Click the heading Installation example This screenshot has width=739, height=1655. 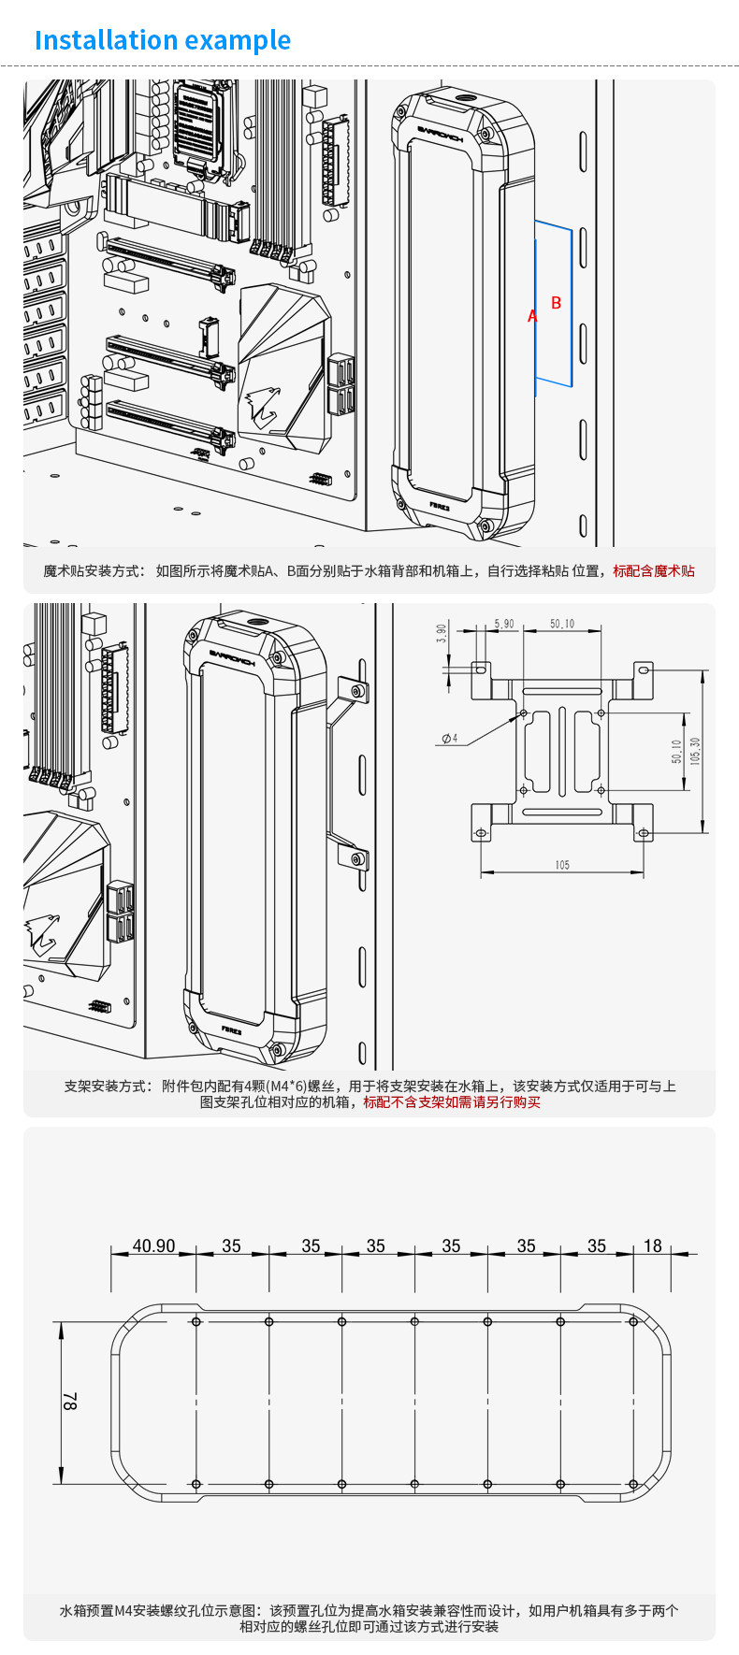(x=162, y=41)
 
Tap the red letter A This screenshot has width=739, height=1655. (x=532, y=316)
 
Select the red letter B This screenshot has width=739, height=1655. (x=557, y=303)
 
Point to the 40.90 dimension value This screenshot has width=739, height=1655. (x=153, y=1245)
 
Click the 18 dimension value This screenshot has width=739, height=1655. (x=652, y=1245)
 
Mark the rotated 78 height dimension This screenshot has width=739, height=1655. (x=70, y=1402)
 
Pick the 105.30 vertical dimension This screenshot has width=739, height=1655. (x=695, y=751)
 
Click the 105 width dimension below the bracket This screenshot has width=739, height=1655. (x=561, y=865)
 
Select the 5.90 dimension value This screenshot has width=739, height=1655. (x=503, y=624)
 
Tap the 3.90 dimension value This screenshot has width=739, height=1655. (x=442, y=633)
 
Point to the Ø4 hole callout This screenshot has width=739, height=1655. (x=449, y=739)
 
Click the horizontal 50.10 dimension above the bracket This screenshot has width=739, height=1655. (x=562, y=624)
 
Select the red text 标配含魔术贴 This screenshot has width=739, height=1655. (x=654, y=570)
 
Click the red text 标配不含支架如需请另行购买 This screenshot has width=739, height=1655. (x=452, y=1101)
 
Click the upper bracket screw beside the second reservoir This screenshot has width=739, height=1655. (x=355, y=691)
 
